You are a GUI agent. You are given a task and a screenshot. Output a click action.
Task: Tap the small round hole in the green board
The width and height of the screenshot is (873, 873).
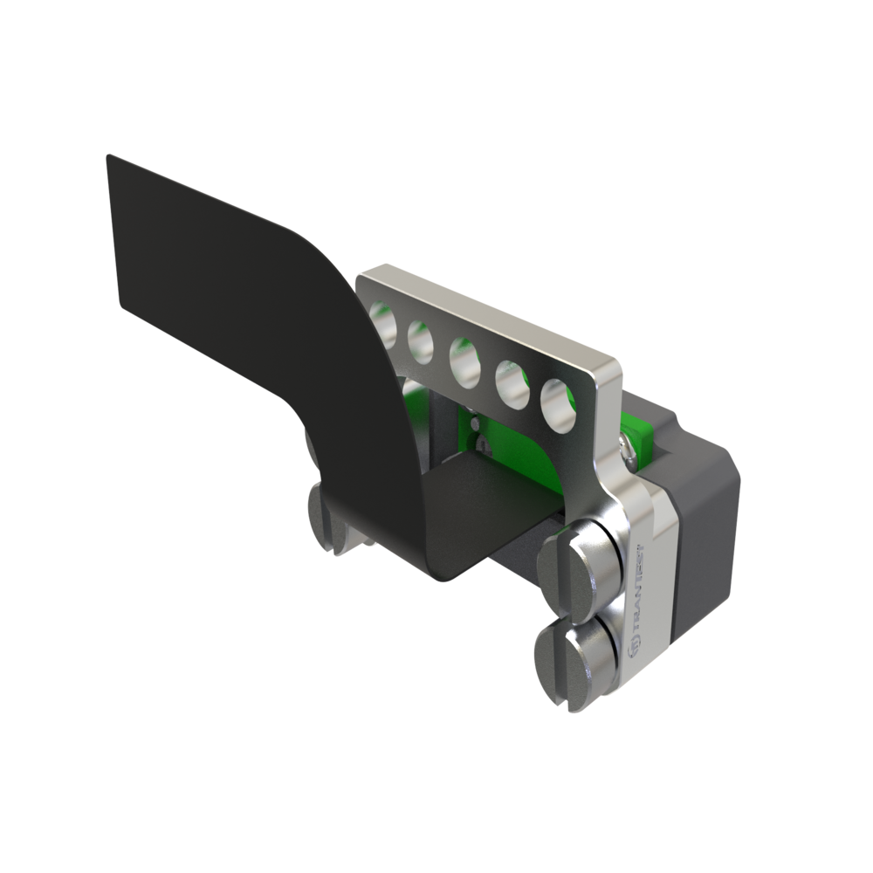pyautogui.click(x=475, y=423)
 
